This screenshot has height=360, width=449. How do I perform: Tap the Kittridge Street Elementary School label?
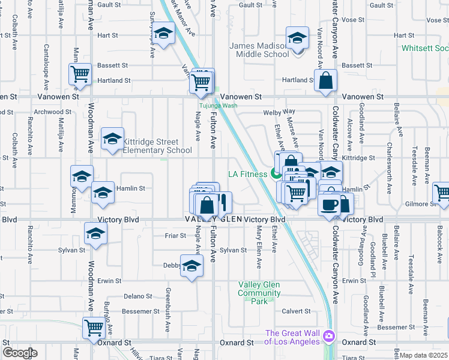[157, 146]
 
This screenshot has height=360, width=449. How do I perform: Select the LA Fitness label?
[247, 175]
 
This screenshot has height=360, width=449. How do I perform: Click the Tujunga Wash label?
[218, 106]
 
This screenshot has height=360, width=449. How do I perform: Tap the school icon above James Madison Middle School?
[297, 38]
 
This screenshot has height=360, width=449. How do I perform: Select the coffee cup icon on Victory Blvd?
[329, 204]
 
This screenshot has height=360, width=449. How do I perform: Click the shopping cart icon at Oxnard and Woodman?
[94, 328]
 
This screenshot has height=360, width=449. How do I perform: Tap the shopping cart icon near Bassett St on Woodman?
[79, 74]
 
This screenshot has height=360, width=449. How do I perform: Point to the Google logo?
[20, 353]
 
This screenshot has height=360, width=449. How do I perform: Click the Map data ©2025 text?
[424, 355]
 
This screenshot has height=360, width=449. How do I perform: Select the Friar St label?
[175, 236]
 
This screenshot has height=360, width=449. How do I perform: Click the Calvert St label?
[297, 311]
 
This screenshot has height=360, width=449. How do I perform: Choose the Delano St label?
[138, 296]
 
